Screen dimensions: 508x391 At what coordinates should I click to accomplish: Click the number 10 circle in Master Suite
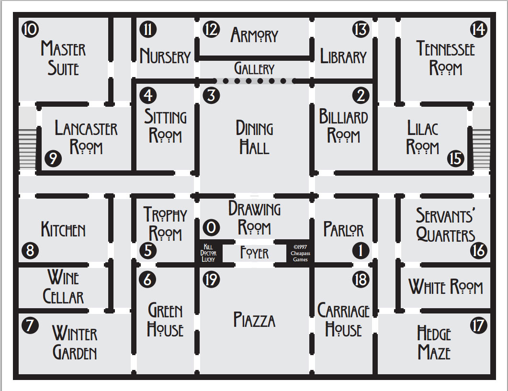pos(30,29)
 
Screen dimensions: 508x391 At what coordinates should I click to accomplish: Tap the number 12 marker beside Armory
pos(211,29)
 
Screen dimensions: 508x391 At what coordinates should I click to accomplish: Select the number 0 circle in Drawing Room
pos(211,227)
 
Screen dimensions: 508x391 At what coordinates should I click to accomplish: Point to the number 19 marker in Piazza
pos(211,279)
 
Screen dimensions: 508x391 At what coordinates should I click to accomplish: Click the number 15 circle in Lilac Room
pos(455,159)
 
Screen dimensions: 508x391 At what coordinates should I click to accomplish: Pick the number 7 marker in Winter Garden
pos(30,325)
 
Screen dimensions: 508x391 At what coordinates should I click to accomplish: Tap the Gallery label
pos(254,68)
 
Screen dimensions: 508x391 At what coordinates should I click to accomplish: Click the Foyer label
pos(254,253)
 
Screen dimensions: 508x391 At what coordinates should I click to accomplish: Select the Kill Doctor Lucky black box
pos(208,253)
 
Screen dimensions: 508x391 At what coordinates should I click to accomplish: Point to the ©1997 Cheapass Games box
pos(300,253)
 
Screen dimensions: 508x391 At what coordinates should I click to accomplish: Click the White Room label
pos(446,287)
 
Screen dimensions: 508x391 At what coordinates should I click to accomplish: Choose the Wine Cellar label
pos(64,287)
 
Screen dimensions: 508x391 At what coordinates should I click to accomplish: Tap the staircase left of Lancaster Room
pos(28,149)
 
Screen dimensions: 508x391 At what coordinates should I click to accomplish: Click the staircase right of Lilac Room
pos(482,149)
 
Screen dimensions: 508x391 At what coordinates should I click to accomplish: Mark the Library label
pos(343,56)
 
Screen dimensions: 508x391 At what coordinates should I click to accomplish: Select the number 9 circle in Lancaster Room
pos(53,159)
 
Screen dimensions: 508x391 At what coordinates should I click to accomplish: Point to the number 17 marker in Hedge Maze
pos(478,325)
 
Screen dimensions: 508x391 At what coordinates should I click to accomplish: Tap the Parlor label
pos(343,229)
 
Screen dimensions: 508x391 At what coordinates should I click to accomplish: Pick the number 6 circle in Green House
pos(147,279)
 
